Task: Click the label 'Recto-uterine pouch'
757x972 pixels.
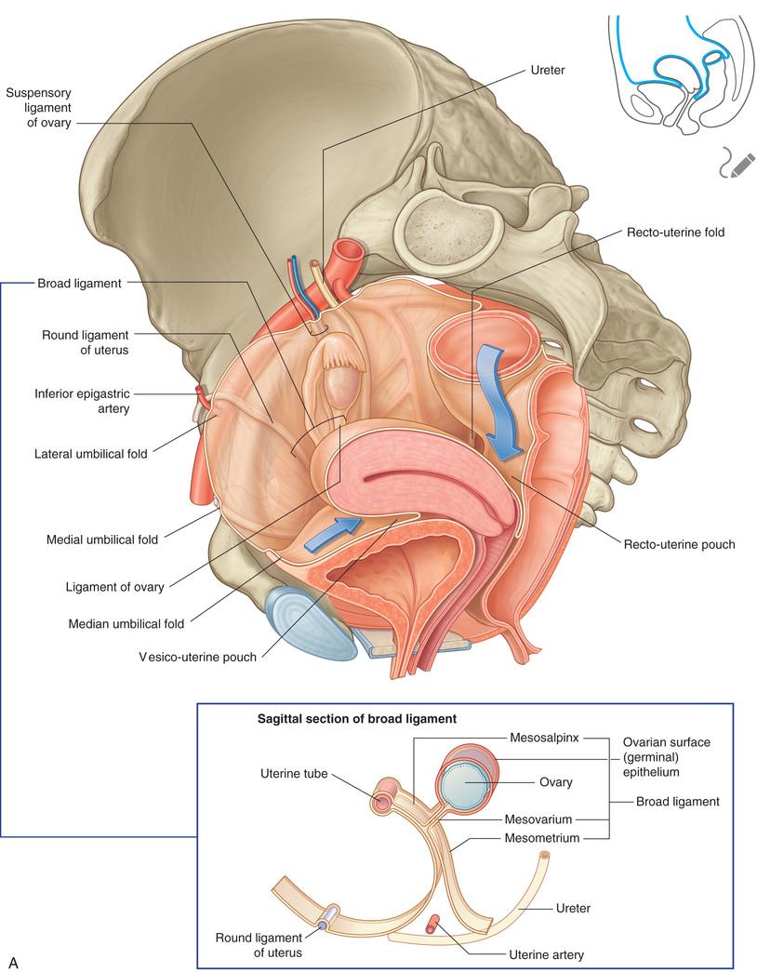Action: click(680, 543)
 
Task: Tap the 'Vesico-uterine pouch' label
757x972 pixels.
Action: click(197, 656)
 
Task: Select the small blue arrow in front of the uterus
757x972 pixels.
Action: click(331, 532)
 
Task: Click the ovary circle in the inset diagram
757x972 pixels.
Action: click(464, 784)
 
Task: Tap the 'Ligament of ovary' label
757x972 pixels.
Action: click(115, 587)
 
